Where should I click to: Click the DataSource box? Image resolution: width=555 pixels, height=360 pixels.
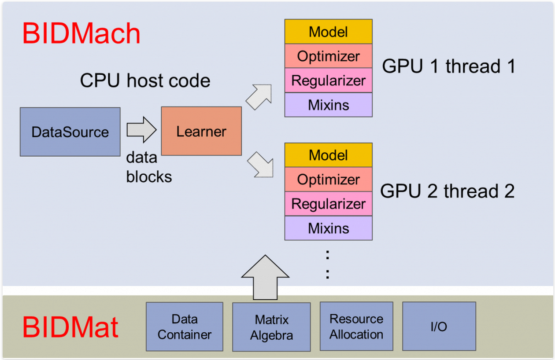70,132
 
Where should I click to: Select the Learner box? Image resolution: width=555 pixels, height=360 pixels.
201,131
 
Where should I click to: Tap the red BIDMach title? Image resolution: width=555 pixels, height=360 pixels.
81,33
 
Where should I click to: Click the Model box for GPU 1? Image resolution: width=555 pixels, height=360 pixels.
328,32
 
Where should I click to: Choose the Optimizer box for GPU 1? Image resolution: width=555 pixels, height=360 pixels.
328,56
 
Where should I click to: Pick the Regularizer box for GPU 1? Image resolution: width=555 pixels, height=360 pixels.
328,81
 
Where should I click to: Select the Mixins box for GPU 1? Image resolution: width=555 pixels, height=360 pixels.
328,105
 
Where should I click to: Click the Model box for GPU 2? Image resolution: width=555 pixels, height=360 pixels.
328,155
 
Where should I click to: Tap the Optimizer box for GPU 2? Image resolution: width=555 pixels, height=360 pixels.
328,179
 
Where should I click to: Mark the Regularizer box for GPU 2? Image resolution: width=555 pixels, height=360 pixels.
328,204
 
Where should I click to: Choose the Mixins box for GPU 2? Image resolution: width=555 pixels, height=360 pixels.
328,228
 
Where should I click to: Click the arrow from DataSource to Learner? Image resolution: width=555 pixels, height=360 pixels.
141,130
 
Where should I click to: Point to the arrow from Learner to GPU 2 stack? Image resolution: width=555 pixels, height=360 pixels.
260,165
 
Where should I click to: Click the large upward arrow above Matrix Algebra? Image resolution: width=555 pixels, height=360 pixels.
265,277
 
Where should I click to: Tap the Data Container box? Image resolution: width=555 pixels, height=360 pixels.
185,327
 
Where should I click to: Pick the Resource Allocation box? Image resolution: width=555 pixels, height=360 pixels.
356,327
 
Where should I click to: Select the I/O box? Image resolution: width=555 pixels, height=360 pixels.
439,326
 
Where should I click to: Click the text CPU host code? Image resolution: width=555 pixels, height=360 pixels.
145,81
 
